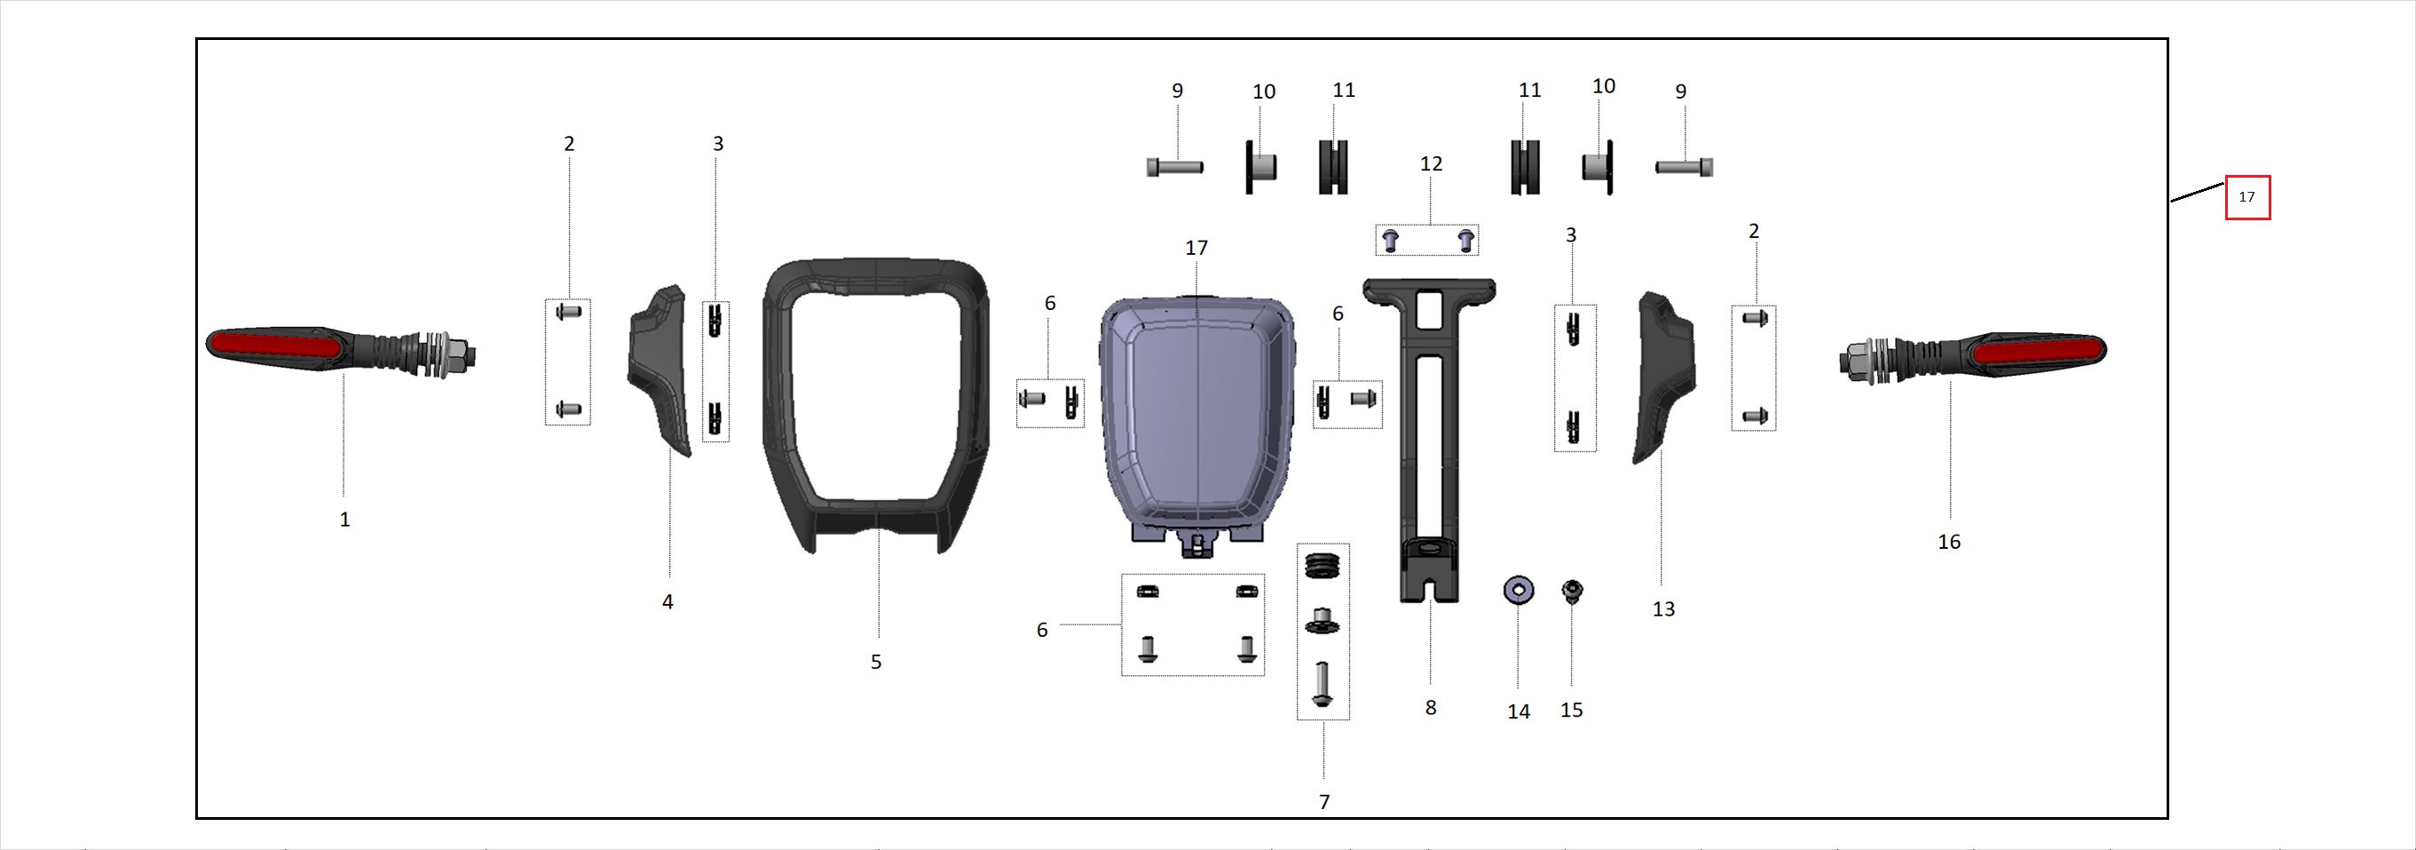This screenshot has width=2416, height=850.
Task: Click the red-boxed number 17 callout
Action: (2247, 197)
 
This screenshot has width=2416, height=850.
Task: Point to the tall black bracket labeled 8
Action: (1428, 441)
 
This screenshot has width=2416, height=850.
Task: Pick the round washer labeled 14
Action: (1519, 590)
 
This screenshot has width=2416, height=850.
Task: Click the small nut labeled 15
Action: (1572, 590)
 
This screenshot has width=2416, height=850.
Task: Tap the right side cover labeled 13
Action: (1665, 376)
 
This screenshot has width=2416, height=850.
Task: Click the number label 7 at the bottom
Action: (1323, 802)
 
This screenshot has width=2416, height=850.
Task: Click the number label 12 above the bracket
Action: (1430, 164)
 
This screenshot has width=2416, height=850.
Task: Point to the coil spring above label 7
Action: (1322, 566)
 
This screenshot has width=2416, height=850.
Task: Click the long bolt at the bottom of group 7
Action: (1322, 685)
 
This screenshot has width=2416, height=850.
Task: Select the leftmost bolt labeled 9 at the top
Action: (1174, 168)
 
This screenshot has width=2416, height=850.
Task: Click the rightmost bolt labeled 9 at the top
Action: (1684, 168)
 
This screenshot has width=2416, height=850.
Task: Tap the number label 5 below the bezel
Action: (875, 663)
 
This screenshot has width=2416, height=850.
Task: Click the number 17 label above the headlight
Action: (1196, 249)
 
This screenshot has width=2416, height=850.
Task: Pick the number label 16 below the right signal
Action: (1948, 543)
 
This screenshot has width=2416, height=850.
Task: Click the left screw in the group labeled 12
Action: (1391, 241)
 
